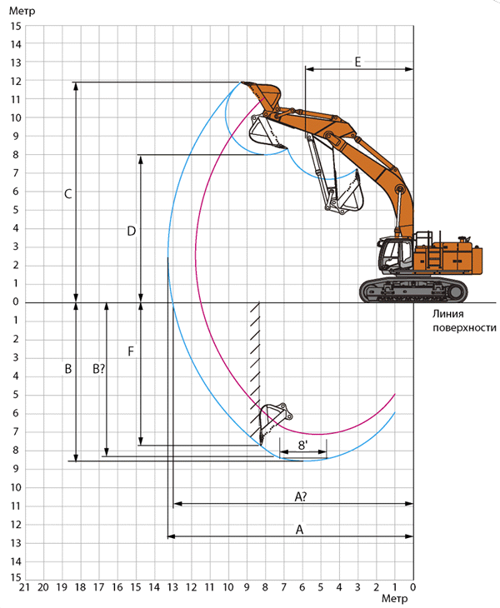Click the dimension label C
(x=67, y=194)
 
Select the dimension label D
(x=132, y=231)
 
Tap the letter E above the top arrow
(x=357, y=62)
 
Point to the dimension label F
(x=131, y=351)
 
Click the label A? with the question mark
(x=301, y=496)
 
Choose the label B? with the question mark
(x=99, y=369)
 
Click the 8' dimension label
(x=302, y=445)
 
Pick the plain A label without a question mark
(x=299, y=529)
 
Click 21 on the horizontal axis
(x=24, y=587)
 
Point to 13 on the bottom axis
(x=172, y=587)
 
